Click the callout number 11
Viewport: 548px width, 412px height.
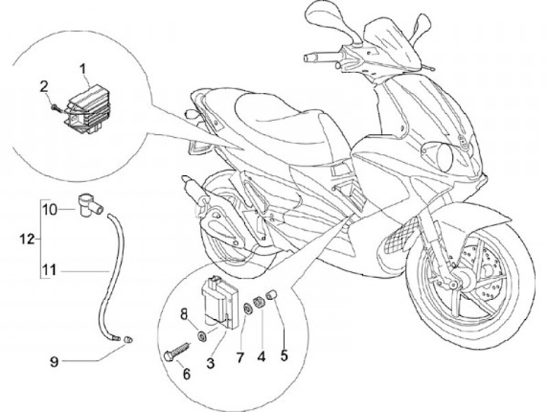pos(49,269)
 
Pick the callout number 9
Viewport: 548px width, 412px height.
pos(54,362)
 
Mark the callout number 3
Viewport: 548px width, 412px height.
pos(211,363)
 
